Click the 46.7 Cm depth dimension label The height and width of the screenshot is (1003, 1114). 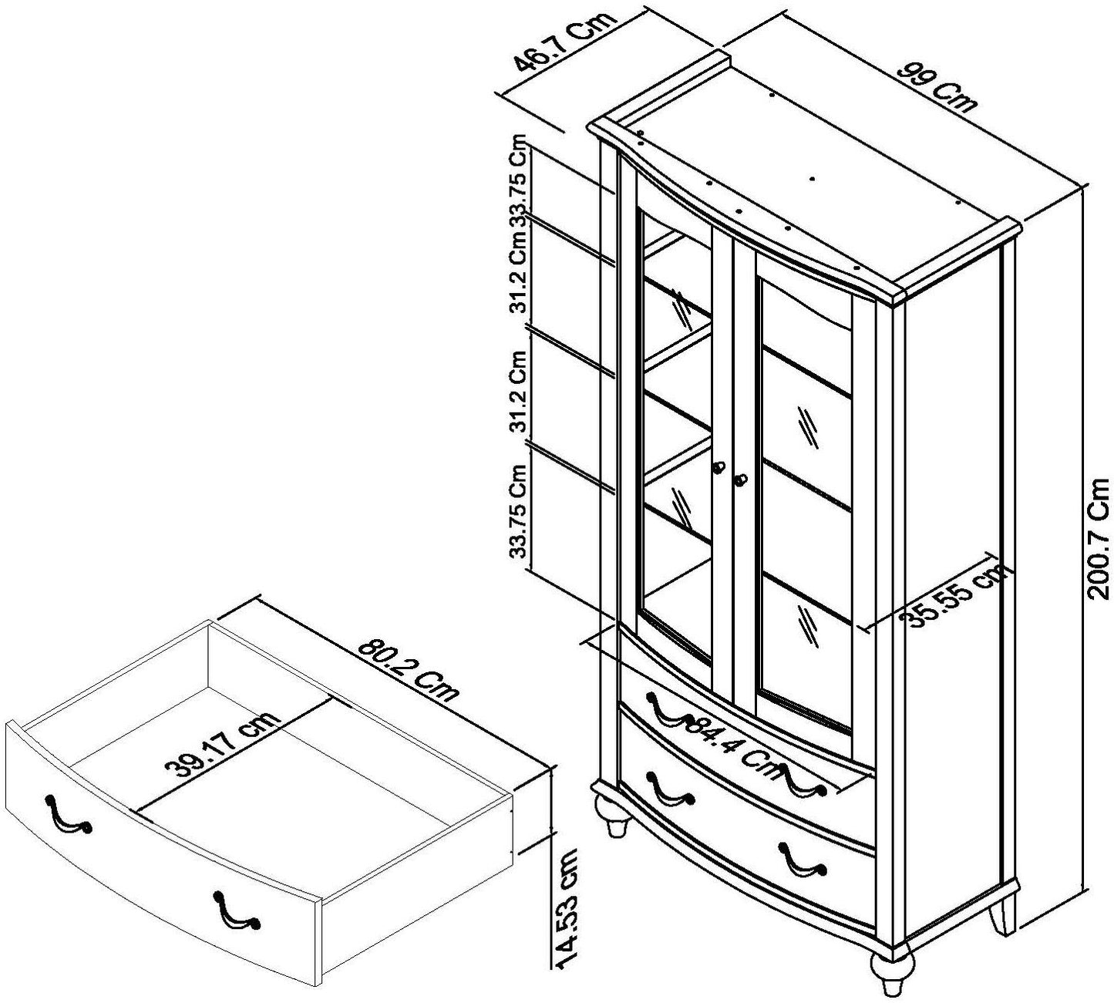click(x=567, y=42)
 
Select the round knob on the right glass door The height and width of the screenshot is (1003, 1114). click(x=741, y=480)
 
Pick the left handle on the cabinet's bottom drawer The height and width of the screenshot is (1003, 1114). click(x=670, y=790)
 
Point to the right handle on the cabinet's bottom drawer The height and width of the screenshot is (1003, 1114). click(x=802, y=860)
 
